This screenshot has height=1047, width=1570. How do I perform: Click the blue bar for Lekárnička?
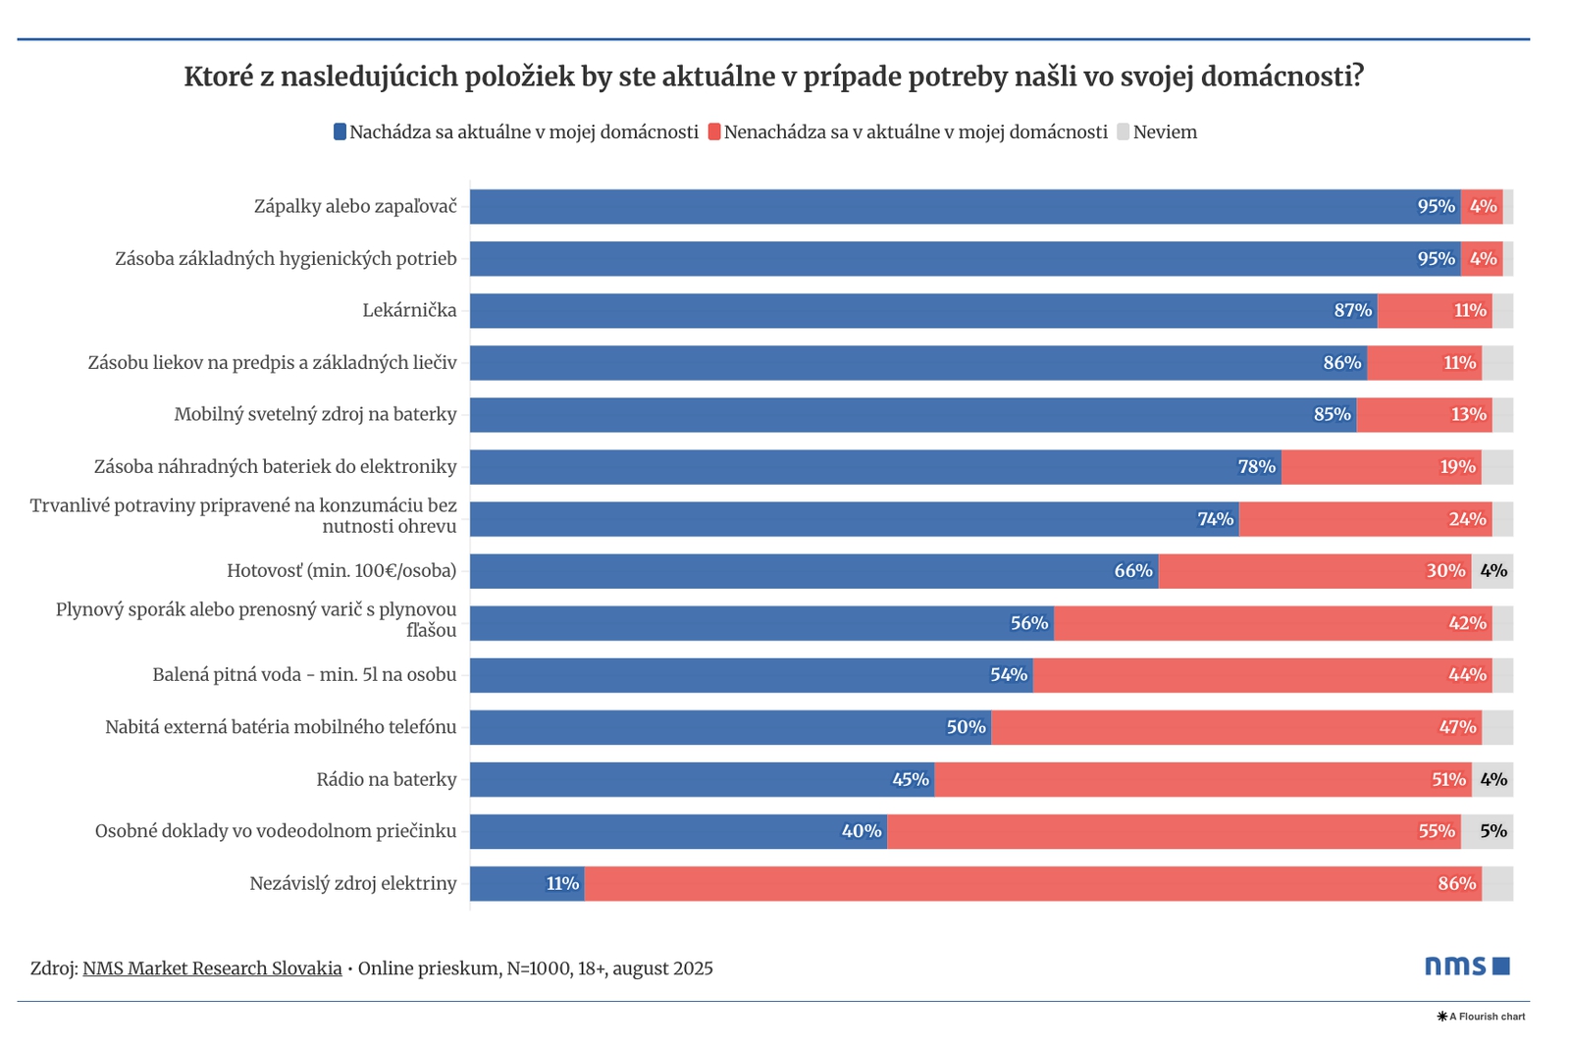[922, 311]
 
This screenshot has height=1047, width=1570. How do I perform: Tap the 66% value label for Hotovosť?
[1132, 571]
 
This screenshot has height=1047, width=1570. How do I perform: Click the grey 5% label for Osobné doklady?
[1492, 831]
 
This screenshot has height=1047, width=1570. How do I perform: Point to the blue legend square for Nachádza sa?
[340, 131]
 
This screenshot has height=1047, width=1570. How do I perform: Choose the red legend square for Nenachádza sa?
[714, 131]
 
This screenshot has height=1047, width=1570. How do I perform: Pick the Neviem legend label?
[1165, 132]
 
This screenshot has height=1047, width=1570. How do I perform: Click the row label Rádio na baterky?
[387, 780]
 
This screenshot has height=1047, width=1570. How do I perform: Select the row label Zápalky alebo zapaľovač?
[355, 207]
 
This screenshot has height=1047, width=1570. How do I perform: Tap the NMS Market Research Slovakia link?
[212, 968]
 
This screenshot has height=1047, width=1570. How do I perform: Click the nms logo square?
[1500, 967]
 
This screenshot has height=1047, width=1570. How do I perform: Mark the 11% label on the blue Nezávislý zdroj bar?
[562, 884]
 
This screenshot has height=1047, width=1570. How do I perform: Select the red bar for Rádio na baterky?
[1202, 780]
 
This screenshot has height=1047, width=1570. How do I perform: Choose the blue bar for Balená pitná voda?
[751, 675]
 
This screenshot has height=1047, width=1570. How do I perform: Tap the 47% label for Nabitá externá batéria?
[1457, 727]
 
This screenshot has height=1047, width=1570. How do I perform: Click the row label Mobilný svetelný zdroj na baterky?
[315, 414]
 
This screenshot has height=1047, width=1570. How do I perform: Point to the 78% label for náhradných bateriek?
[1256, 467]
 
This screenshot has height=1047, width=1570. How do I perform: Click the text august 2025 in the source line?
[662, 968]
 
